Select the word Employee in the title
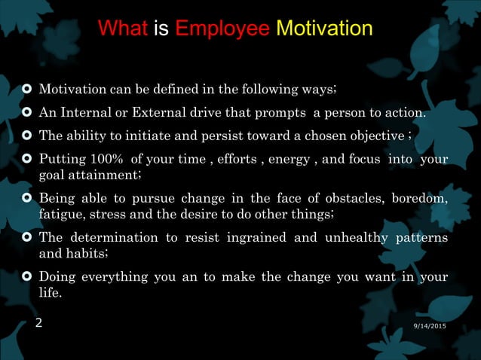coord(222,29)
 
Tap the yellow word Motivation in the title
coord(324,29)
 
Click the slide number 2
coord(39,324)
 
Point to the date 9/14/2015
coord(430,324)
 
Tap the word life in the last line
coord(50,292)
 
